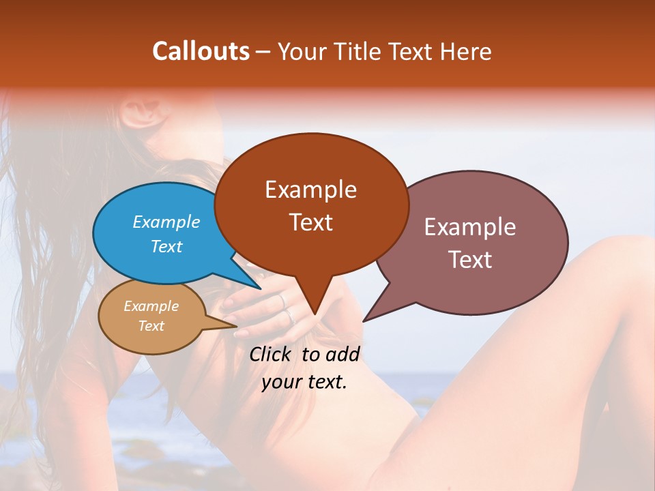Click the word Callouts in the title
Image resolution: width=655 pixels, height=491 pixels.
coord(201,52)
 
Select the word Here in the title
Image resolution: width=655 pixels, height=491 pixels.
coord(466,52)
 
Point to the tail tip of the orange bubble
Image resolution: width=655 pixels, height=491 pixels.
coord(315,313)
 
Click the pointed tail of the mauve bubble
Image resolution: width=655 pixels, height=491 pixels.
coord(365,320)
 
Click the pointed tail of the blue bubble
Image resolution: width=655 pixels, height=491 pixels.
coord(259,287)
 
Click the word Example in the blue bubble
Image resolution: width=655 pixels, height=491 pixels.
coord(166,222)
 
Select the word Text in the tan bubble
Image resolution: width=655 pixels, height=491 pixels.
coord(151,326)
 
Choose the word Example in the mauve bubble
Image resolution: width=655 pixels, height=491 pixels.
coord(470,227)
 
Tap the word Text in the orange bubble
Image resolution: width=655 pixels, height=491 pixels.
coord(311,222)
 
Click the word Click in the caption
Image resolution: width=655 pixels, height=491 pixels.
coord(272,354)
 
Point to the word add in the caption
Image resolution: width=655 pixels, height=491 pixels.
coord(342,354)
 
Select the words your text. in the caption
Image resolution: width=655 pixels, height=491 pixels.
coord(304,382)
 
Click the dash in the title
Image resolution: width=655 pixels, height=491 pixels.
coord(263,52)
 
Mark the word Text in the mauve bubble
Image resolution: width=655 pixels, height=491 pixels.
coord(470,259)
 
